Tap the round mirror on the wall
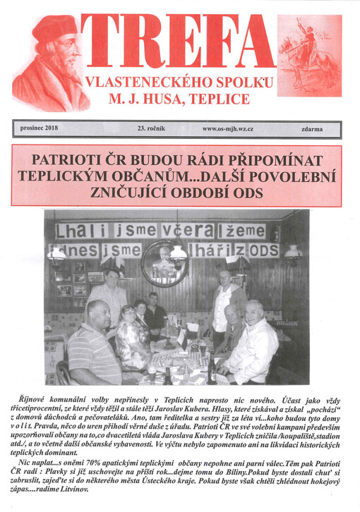164,262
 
